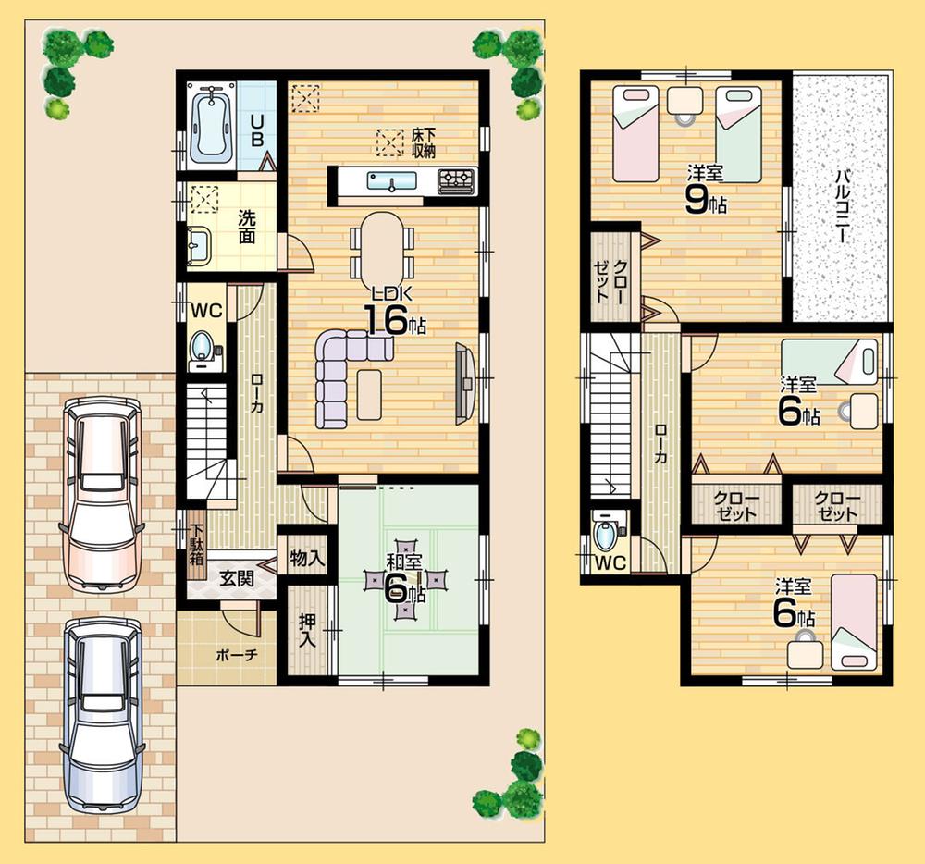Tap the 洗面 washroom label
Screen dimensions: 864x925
click(x=247, y=226)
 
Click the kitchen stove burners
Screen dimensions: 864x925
click(x=455, y=179)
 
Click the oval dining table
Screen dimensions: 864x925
click(x=380, y=246)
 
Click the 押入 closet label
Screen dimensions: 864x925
click(x=305, y=631)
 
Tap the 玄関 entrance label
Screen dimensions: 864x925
click(x=236, y=578)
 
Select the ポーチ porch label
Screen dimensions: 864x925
click(x=236, y=655)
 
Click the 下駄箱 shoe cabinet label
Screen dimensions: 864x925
click(x=197, y=545)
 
